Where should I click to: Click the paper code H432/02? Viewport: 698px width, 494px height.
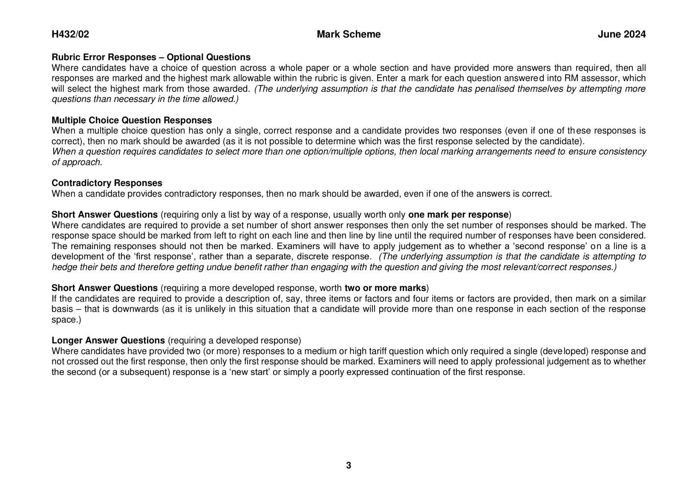coord(70,35)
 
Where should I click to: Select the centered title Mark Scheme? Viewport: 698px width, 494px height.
coord(349,35)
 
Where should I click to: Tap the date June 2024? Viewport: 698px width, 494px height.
coord(621,35)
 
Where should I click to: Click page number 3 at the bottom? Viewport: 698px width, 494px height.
coord(349,465)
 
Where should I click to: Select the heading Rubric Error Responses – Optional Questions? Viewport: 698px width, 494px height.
coord(151,57)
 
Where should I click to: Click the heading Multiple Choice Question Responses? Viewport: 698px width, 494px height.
coord(132,120)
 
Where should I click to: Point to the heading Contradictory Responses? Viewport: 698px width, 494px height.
coord(107,183)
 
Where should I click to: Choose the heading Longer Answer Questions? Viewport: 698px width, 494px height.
coord(108,340)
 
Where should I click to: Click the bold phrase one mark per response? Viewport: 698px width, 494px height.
coord(459,215)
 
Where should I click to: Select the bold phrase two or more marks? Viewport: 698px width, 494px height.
coord(385,288)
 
